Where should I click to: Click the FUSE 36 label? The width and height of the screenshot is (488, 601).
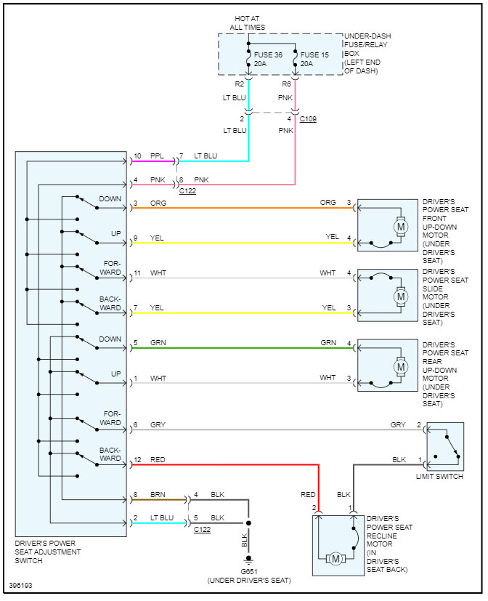268,55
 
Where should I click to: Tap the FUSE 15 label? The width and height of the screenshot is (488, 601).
314,55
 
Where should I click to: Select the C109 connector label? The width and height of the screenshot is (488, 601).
308,119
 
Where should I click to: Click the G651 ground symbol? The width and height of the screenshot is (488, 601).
248,560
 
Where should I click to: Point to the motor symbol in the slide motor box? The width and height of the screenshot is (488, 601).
401,297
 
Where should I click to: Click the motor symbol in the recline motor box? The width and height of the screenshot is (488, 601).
335,559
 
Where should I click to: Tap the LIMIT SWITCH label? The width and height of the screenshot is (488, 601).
439,477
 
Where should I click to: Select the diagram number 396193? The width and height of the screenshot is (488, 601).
20,585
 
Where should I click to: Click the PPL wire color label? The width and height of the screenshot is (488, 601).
157,156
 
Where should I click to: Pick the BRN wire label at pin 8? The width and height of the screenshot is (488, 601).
158,494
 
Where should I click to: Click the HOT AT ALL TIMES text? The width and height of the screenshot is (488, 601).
248,23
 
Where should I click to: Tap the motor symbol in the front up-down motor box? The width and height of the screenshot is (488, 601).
401,227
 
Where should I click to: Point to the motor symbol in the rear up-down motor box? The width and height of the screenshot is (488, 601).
401,367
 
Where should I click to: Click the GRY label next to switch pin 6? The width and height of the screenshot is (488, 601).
158,424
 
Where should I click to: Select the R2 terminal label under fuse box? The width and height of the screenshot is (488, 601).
240,84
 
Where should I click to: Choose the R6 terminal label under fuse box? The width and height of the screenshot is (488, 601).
287,84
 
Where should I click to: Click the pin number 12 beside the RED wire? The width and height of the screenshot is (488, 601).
137,459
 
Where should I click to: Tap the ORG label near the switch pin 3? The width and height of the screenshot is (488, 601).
158,203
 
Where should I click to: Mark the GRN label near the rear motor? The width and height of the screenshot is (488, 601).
328,343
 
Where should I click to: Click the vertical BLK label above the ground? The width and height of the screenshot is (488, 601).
245,540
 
